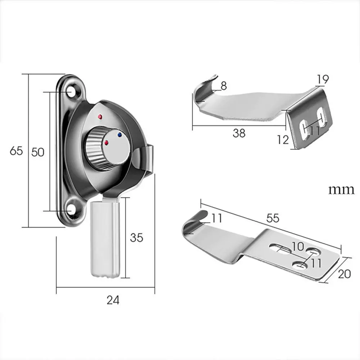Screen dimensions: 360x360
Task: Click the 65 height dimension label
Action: [x=16, y=150]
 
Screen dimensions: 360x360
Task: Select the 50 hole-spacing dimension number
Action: [x=38, y=152]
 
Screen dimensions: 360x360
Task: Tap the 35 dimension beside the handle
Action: [x=136, y=238]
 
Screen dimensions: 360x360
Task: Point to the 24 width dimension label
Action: [x=113, y=300]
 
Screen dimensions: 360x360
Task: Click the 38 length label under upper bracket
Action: [x=239, y=133]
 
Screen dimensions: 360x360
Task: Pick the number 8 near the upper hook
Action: [x=224, y=86]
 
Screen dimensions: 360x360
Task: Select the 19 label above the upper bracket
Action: [x=323, y=79]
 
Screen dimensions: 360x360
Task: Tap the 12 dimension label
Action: [x=283, y=140]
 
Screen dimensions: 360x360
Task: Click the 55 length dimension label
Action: [x=273, y=218]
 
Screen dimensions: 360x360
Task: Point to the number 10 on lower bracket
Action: [x=298, y=246]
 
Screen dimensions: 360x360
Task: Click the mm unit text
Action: [x=341, y=190]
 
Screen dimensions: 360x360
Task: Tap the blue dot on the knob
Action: [x=120, y=135]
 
